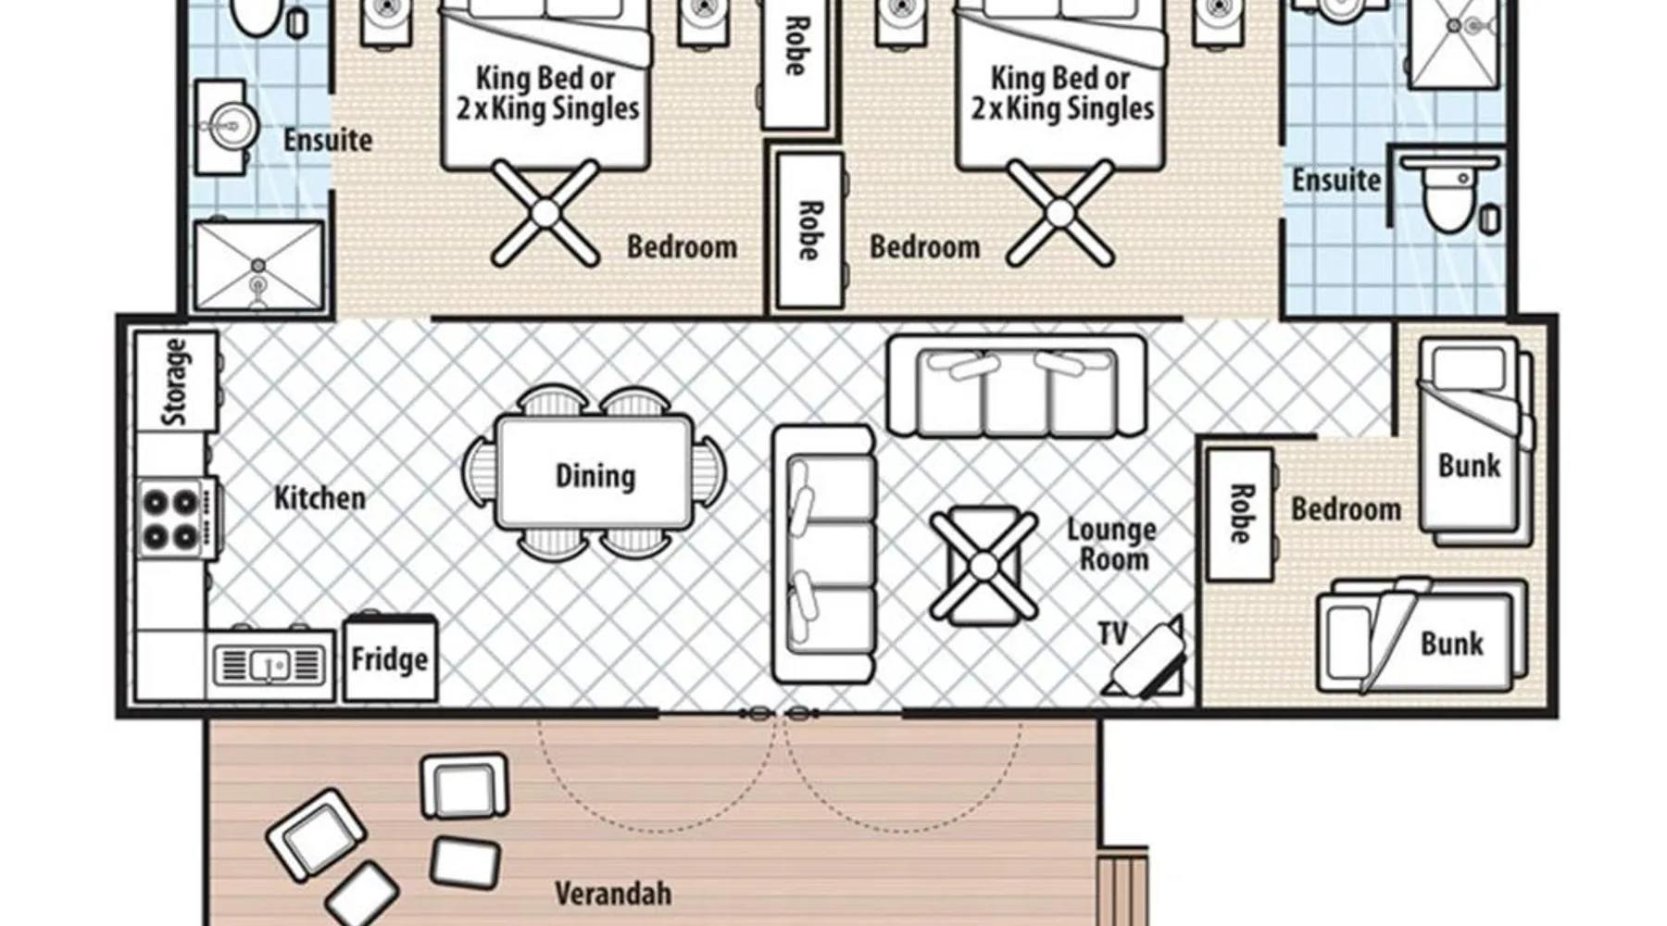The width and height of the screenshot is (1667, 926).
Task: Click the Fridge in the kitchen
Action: tap(390, 658)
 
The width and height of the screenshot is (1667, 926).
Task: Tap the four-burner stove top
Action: tap(177, 518)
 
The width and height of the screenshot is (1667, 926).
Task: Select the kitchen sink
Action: tap(269, 664)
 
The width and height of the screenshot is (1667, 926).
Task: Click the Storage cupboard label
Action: tap(175, 382)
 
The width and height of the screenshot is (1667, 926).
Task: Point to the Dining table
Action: tap(595, 473)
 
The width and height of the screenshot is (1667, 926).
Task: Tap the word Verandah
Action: tap(613, 894)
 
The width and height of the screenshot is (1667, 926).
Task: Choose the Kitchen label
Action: tap(320, 497)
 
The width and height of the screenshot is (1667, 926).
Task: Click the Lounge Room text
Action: tap(1111, 544)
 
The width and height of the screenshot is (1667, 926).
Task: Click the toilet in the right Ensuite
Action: tap(1449, 194)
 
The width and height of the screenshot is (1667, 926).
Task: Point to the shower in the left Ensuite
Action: tap(258, 266)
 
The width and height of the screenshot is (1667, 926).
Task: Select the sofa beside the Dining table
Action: tap(823, 554)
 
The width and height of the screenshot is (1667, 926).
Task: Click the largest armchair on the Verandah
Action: tap(315, 832)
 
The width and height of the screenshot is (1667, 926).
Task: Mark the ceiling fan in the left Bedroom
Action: tap(545, 213)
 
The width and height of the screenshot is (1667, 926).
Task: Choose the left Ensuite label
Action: tap(328, 140)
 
